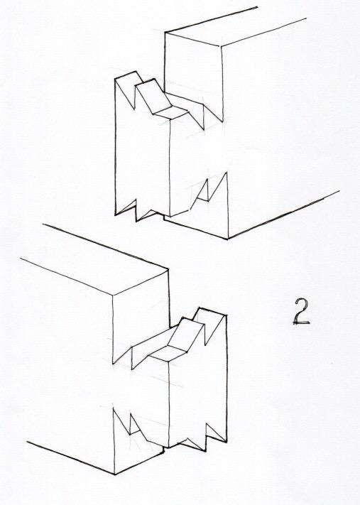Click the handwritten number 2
click(302, 311)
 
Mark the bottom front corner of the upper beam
click(228, 239)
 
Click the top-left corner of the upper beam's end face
click(165, 32)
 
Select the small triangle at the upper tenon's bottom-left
click(125, 207)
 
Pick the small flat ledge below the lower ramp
click(168, 354)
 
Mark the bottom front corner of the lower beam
click(114, 474)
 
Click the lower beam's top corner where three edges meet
click(113, 295)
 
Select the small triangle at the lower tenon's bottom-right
click(215, 433)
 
